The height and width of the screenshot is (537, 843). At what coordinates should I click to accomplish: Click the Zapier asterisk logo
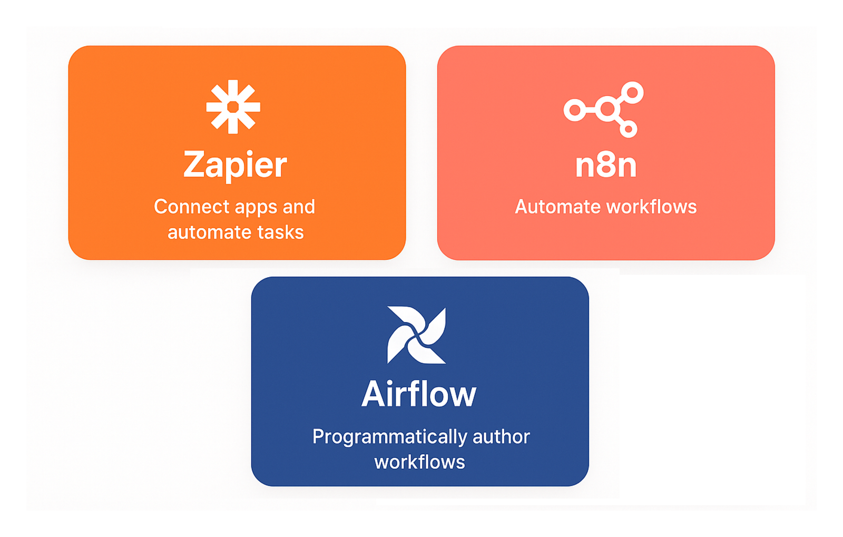click(233, 107)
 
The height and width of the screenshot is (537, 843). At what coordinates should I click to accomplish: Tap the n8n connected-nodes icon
click(604, 109)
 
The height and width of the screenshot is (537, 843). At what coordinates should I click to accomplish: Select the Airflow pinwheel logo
click(416, 335)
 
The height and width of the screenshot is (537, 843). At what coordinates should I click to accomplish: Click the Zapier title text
click(235, 164)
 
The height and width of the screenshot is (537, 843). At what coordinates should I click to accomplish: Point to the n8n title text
click(606, 165)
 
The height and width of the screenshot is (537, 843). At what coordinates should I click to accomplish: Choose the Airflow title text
click(419, 394)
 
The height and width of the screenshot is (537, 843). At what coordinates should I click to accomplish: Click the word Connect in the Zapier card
click(183, 207)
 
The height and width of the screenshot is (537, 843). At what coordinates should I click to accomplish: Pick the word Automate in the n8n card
click(547, 207)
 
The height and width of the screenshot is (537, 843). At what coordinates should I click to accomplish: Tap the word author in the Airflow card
click(501, 437)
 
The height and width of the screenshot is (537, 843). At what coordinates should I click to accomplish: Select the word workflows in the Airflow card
click(420, 462)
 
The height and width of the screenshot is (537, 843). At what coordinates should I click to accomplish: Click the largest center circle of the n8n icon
click(608, 109)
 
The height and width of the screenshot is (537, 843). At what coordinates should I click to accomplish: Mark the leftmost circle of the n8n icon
click(575, 110)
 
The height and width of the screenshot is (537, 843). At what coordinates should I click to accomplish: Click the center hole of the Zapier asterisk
click(233, 107)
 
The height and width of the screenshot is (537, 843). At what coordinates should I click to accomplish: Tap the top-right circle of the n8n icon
click(632, 93)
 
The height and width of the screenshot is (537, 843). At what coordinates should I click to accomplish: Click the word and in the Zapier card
click(299, 207)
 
